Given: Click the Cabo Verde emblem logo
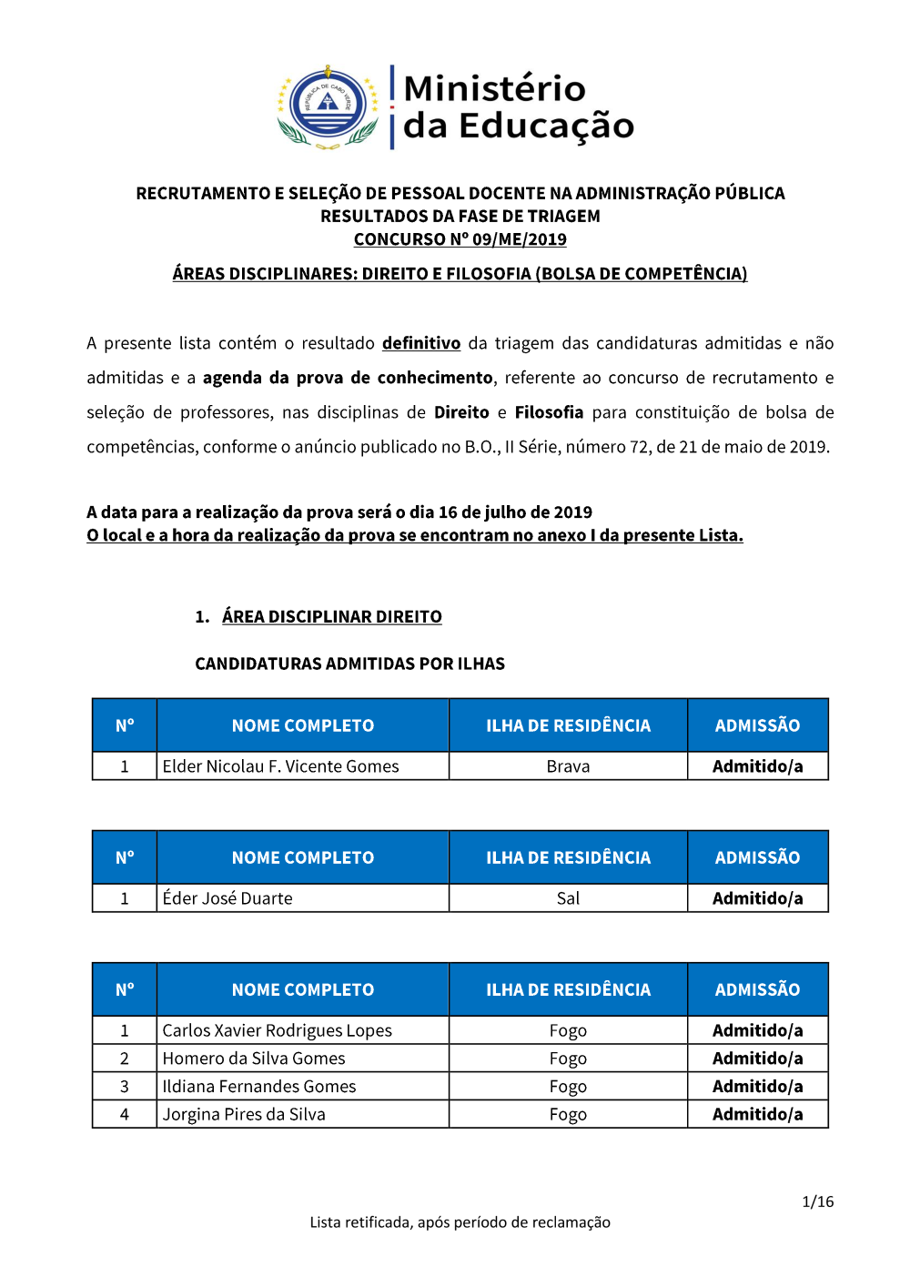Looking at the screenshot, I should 328,106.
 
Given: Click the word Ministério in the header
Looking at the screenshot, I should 494,88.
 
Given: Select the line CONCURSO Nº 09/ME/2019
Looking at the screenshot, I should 460,239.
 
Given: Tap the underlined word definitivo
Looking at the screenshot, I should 420,343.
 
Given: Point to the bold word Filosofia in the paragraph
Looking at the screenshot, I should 549,412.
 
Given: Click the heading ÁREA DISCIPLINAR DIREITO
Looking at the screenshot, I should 331,617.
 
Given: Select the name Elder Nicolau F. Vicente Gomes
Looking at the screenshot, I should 280,766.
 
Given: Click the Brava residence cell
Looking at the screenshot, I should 568,766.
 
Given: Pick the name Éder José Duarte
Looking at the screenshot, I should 227,898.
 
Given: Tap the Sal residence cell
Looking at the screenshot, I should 568,898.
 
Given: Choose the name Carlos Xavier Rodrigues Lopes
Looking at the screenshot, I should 277,1030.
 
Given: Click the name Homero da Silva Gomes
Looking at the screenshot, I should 254,1059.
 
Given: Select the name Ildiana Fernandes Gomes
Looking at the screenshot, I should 259,1087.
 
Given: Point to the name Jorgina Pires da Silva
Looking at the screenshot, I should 244,1114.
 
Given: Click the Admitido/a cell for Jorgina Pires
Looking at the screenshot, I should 757,1114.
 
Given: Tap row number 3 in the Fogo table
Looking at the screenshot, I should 125,1087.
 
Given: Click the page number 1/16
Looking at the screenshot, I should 817,1201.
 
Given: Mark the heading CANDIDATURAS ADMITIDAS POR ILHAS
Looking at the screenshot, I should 349,664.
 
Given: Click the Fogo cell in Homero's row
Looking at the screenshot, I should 568,1059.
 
